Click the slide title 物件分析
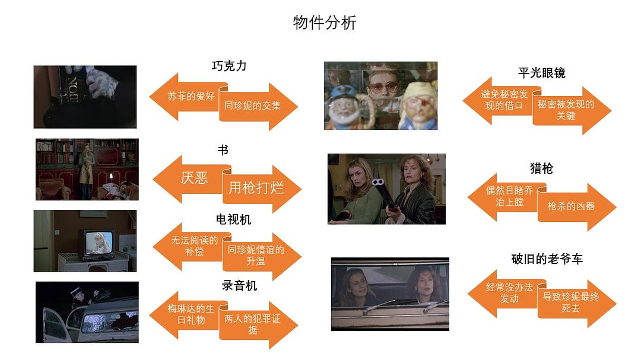pos(325,23)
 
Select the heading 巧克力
pos(229,66)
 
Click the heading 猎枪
pos(541,168)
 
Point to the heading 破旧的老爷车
pos(547,259)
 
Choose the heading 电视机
pos(233,219)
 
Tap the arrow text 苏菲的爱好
pos(191,95)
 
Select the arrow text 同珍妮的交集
pos(252,106)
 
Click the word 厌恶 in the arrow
pos(195,177)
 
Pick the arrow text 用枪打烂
pos(256,188)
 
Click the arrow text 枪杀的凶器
pos(571,206)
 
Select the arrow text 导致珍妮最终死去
pos(570,302)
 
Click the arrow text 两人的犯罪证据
pos(252,324)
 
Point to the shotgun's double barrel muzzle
pos(377,183)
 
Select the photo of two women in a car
pos(389,293)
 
